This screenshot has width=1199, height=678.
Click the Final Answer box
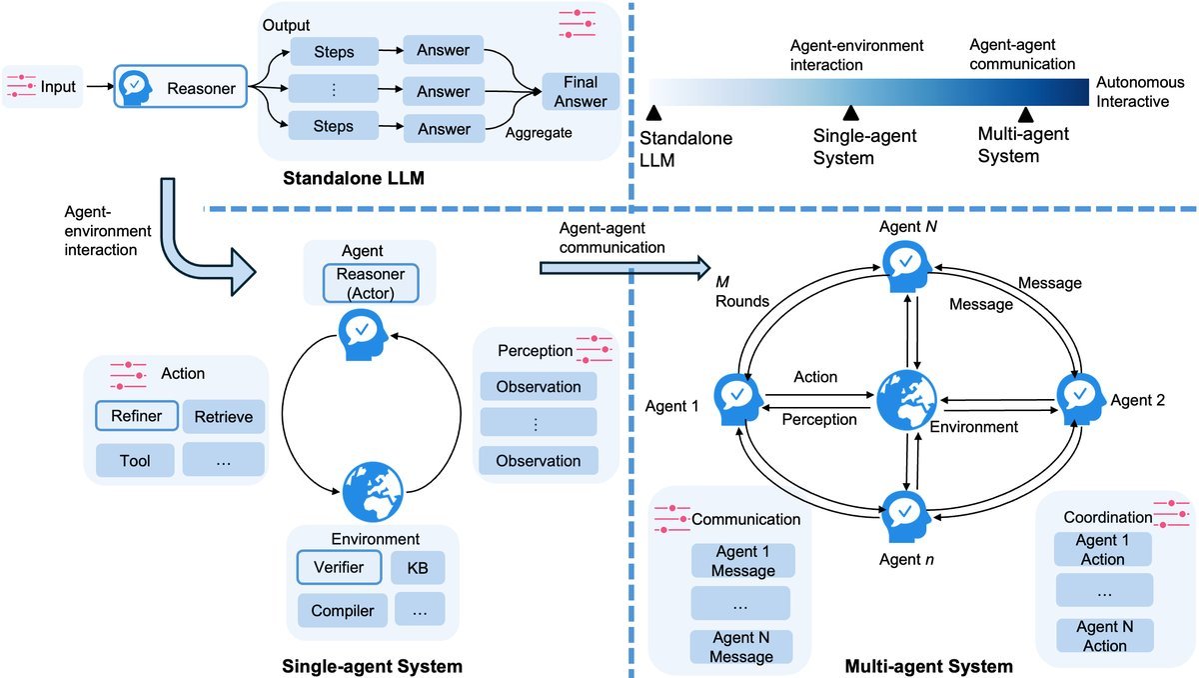tap(581, 92)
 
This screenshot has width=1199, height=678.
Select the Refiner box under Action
tap(137, 416)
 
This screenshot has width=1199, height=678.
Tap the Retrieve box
tap(223, 417)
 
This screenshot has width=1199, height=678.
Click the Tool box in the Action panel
tap(135, 461)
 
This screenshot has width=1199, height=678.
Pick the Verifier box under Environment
tap(339, 567)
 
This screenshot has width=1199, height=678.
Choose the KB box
tap(418, 567)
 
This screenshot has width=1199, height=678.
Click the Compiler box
tap(343, 610)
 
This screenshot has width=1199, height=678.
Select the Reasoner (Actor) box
tap(371, 283)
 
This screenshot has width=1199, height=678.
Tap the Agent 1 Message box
tap(743, 561)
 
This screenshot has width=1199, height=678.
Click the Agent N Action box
tap(1105, 636)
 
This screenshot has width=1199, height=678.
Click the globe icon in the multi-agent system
tap(907, 400)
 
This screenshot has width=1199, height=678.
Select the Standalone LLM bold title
tap(354, 178)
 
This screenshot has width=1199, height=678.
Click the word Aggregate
tap(539, 132)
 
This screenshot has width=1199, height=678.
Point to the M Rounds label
tap(741, 291)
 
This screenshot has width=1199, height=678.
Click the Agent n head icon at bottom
tap(905, 517)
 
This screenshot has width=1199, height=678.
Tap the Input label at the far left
tap(58, 86)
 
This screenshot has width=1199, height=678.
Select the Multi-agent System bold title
tap(928, 666)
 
